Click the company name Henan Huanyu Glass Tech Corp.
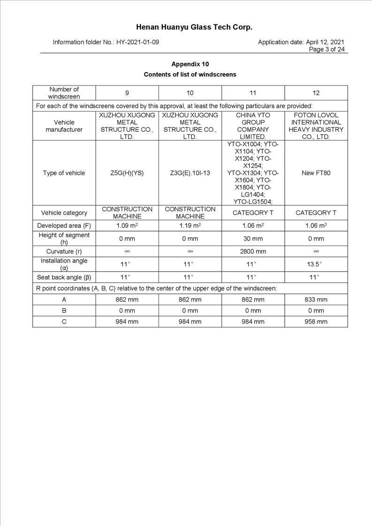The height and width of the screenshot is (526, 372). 194,27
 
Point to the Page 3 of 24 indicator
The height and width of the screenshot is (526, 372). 326,49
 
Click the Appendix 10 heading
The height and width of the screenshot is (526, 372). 190,64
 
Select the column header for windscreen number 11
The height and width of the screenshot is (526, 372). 253,93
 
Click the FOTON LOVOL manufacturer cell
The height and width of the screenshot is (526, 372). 316,126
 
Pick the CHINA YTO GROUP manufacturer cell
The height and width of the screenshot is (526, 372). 253,126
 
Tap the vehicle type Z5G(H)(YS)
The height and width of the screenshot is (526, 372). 127,173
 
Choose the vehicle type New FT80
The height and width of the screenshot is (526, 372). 316,173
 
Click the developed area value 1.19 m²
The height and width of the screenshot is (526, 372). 190,226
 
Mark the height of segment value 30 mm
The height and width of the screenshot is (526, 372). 253,239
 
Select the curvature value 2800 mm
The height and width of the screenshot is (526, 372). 253,252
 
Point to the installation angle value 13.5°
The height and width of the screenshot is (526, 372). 316,264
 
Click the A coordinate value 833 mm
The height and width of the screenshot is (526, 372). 316,300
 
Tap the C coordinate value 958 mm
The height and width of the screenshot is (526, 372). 316,322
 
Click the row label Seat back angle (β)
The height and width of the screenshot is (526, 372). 64,277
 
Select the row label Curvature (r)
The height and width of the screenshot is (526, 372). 64,252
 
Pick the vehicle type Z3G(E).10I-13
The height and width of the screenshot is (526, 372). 190,173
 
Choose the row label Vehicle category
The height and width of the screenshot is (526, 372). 64,213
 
